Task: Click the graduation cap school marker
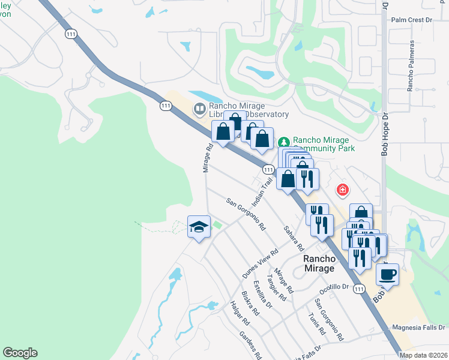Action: pyautogui.click(x=199, y=227)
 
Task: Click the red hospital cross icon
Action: pyautogui.click(x=343, y=190)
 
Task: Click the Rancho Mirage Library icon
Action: pyautogui.click(x=199, y=109)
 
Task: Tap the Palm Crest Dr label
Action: pyautogui.click(x=411, y=20)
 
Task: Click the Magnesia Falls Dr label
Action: pyautogui.click(x=418, y=328)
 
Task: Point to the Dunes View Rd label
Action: pyautogui.click(x=260, y=263)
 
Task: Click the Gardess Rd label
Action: pyautogui.click(x=250, y=345)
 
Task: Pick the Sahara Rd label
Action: pyautogui.click(x=292, y=239)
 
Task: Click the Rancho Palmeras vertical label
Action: pyautogui.click(x=412, y=66)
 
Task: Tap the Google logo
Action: pyautogui.click(x=20, y=353)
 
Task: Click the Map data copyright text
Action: pyautogui.click(x=423, y=355)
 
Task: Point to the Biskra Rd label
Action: pyautogui.click(x=250, y=304)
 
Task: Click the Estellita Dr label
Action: pyautogui.click(x=263, y=294)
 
